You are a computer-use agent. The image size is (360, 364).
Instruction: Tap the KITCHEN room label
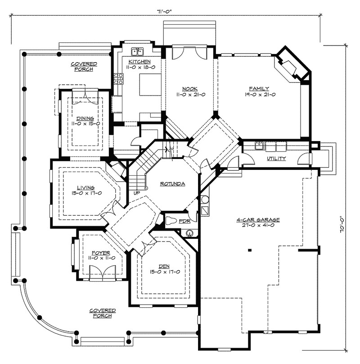point(139,62)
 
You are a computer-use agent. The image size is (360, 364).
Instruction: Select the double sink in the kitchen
point(138,52)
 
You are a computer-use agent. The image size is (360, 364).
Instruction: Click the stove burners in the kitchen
point(118,78)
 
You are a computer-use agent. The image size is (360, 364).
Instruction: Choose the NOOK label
point(190,89)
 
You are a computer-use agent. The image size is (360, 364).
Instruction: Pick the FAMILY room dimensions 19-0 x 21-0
point(260,95)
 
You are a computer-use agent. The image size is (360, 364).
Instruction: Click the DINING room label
point(85,118)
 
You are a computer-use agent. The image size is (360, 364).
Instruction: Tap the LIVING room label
point(86,187)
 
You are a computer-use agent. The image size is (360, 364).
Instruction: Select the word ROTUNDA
point(173,184)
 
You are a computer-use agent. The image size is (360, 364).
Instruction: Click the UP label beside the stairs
point(137,193)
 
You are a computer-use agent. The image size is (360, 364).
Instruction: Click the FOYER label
point(101,253)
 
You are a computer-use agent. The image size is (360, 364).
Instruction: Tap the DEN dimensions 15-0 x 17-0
point(165,272)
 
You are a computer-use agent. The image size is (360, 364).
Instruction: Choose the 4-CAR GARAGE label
point(258,219)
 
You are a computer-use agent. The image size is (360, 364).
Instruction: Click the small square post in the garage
point(250,250)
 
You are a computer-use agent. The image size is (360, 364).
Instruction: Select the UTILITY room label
point(276,158)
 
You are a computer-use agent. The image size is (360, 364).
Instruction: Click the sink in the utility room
point(259,146)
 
